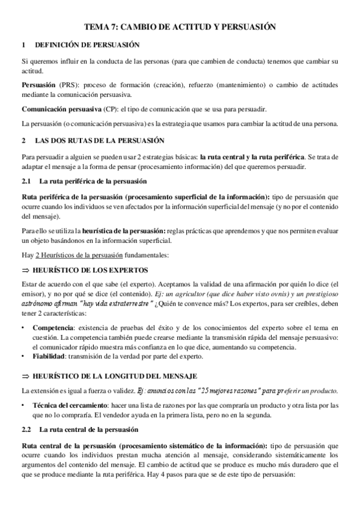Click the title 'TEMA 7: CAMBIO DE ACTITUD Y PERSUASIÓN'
pyautogui.click(x=180, y=27)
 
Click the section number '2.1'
pyautogui.click(x=26, y=181)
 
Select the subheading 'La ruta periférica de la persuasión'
pyautogui.click(x=91, y=181)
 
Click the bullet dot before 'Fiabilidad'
pyautogui.click(x=23, y=355)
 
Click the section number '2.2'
pyautogui.click(x=26, y=430)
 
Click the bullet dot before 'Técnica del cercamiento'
pyautogui.click(x=23, y=405)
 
